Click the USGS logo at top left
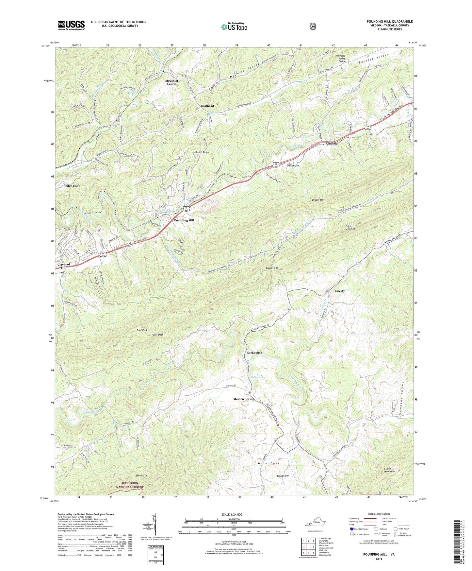pos(71,25)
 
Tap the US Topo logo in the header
pos(234,27)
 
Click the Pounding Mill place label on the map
pos(184,220)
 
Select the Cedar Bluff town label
pos(72,186)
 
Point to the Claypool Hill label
pos(64,266)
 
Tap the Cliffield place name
pos(332,144)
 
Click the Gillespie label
pos(293,165)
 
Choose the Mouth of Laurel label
pos(171,82)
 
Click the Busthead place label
pos(207,106)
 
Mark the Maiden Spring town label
pos(243,399)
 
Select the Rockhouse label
pos(254,353)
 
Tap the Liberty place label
pos(339,291)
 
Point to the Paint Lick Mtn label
pos(350,227)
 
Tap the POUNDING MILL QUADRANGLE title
pos(389,22)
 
